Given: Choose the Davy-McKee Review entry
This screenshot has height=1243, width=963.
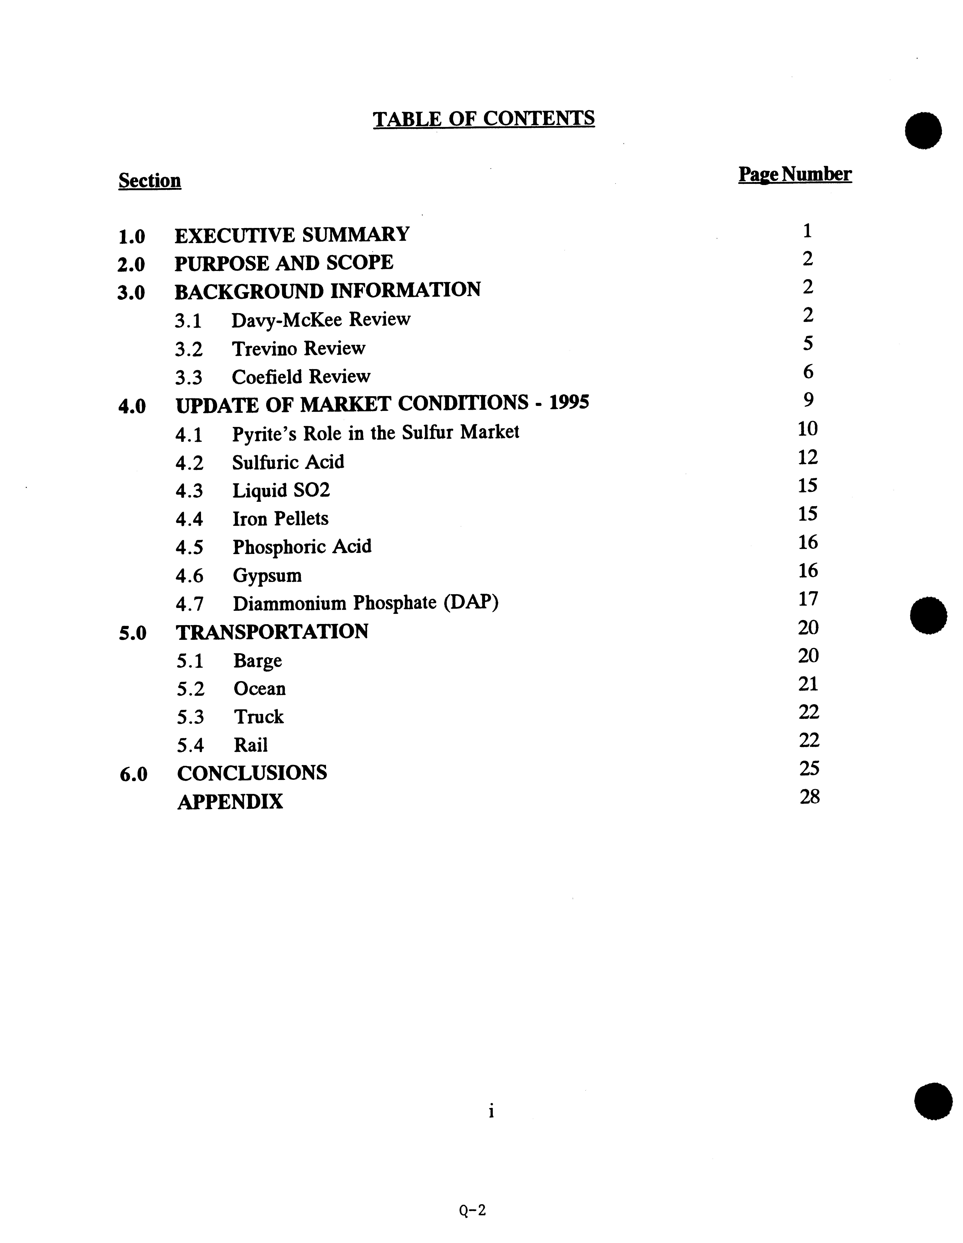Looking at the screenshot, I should (x=321, y=319).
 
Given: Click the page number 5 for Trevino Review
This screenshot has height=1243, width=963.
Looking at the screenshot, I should (x=807, y=343).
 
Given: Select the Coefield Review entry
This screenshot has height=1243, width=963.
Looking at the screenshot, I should (x=301, y=376).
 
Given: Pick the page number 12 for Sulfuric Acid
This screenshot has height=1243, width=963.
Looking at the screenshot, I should (x=807, y=457).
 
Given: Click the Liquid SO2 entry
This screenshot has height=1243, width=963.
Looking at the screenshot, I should (x=281, y=490).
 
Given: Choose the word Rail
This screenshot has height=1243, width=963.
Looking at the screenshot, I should (x=250, y=745).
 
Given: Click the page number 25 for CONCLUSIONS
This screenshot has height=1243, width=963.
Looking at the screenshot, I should (x=809, y=768).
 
